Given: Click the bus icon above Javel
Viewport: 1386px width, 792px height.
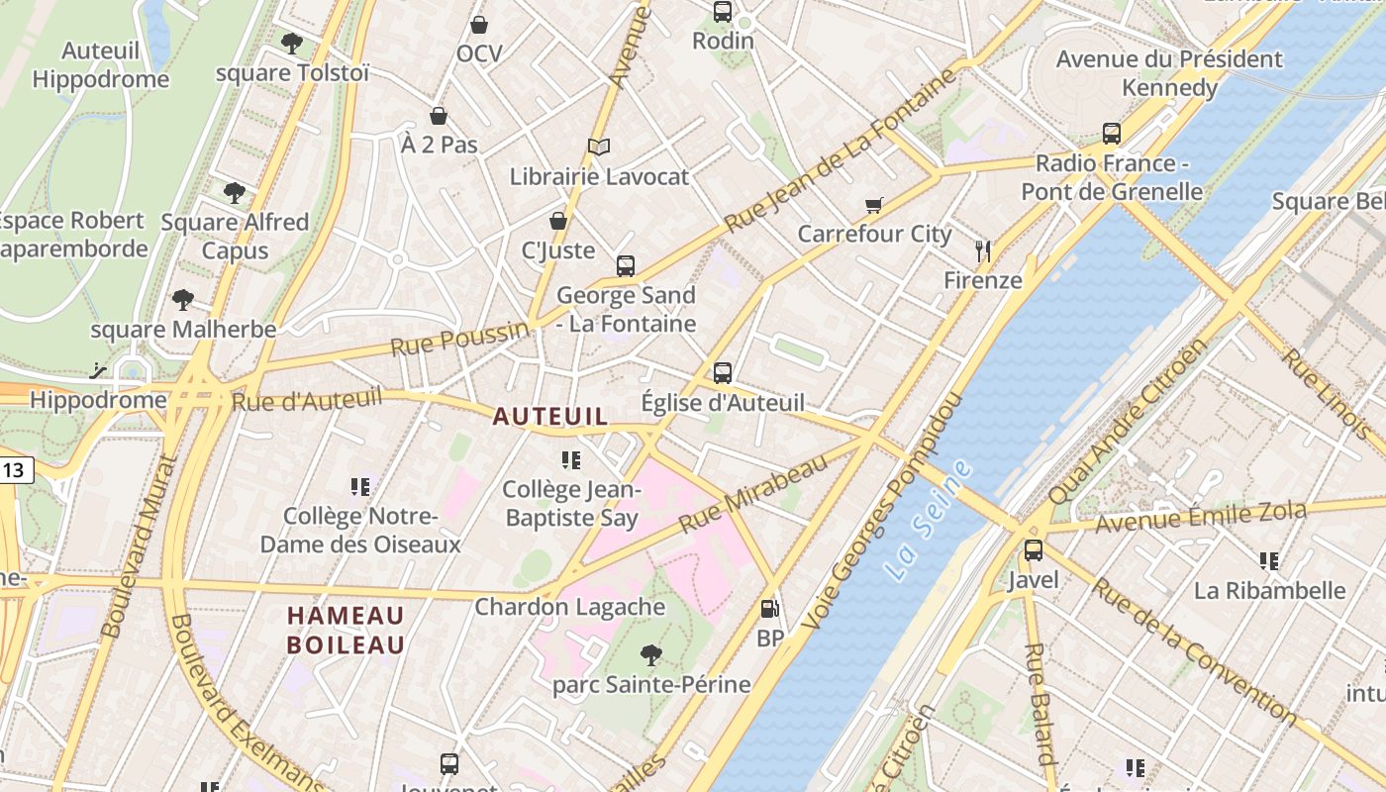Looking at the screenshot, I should click(x=1034, y=550).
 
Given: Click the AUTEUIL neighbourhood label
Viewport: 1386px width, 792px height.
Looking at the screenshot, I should click(x=550, y=417).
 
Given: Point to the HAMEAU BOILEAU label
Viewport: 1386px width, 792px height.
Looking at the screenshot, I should click(x=346, y=631).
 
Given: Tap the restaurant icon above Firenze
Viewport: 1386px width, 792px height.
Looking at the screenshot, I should click(x=982, y=250).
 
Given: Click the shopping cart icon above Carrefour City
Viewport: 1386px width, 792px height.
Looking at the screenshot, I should click(x=873, y=205).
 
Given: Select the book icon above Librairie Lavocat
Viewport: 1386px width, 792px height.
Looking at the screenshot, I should click(x=598, y=148).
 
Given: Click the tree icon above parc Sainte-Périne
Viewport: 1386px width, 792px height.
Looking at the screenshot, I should click(x=650, y=654).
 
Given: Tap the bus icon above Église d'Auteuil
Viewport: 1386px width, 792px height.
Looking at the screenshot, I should click(x=723, y=373).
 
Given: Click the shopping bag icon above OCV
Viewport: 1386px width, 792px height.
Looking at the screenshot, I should click(x=479, y=25).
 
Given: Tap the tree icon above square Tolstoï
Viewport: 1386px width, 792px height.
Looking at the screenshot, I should click(x=291, y=44).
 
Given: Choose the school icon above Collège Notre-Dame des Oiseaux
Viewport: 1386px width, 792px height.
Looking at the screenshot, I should click(x=360, y=487).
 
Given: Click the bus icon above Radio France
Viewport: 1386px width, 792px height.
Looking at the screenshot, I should click(x=1112, y=134).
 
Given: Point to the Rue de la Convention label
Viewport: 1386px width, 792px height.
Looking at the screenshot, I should click(x=1193, y=648).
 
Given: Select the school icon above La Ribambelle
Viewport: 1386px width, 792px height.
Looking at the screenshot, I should click(x=1269, y=561).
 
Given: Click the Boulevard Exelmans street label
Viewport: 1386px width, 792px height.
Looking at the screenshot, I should click(x=247, y=705).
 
